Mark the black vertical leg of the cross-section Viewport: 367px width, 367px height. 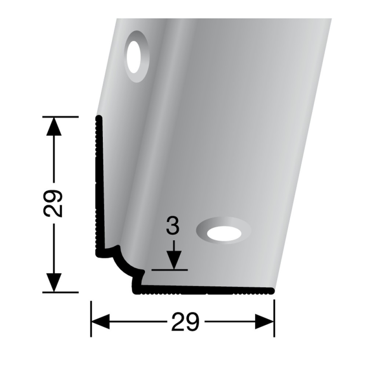[98, 183]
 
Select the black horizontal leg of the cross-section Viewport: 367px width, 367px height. [206, 290]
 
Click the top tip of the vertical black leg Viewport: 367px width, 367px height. [98, 119]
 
